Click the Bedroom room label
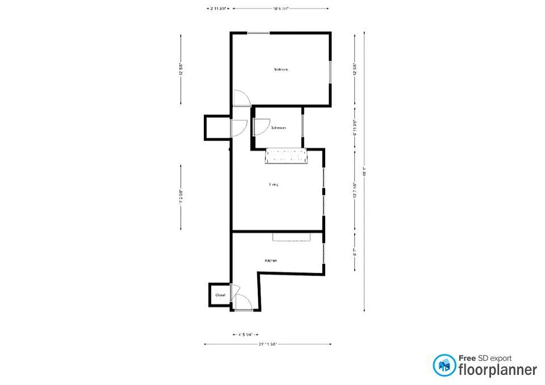(281, 70)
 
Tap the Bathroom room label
(278, 128)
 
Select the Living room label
(274, 184)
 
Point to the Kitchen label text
(270, 260)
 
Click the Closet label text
(220, 295)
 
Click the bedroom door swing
(240, 98)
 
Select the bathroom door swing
(261, 127)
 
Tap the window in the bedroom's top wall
(259, 33)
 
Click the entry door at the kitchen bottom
(243, 304)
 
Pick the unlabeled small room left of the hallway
(217, 128)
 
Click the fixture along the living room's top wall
(287, 157)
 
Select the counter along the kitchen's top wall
(292, 236)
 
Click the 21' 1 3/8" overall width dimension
(267, 344)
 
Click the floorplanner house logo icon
(444, 365)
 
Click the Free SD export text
(484, 358)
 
